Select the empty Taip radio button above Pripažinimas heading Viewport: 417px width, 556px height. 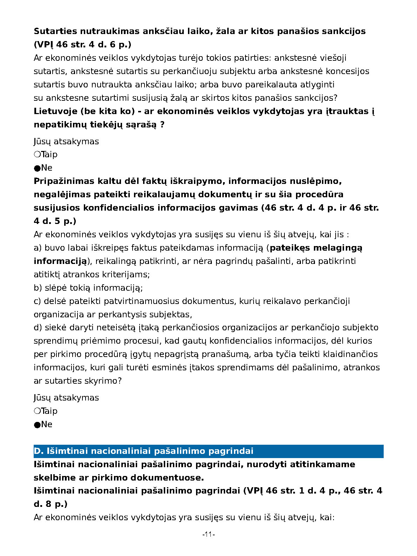tap(37, 154)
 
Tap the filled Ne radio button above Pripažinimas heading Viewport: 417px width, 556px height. tap(37, 168)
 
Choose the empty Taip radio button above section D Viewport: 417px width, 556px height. tap(37, 411)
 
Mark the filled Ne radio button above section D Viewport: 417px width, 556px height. tap(37, 425)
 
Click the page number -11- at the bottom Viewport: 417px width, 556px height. tap(208, 534)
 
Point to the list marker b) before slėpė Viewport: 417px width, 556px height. tap(38, 288)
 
